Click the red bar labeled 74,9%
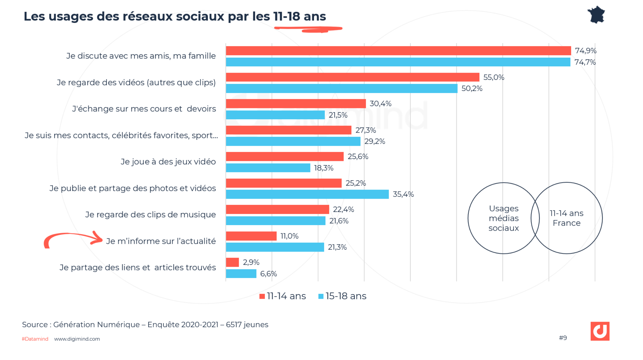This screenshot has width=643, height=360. coord(398,51)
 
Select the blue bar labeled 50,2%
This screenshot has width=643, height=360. coord(342,88)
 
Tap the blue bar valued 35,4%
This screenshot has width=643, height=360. coord(307,194)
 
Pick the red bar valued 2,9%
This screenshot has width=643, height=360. coord(232,262)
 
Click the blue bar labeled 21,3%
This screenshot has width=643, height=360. coord(275,247)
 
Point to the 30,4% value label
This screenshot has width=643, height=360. coord(380,104)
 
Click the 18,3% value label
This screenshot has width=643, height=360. coord(324,168)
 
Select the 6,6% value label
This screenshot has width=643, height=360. coord(268,274)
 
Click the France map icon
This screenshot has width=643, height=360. coord(596,15)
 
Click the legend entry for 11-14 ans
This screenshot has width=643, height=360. coord(283,296)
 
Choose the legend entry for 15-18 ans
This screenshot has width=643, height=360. coord(342,296)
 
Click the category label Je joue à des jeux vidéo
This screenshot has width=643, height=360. coord(168,162)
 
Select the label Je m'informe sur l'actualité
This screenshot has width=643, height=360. coord(161,241)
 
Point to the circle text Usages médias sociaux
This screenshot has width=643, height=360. coord(503,218)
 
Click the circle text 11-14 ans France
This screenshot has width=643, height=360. coord(566,218)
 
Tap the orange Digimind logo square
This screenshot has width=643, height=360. coord(600,331)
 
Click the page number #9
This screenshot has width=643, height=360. coord(563,338)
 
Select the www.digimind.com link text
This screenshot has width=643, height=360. coord(77,339)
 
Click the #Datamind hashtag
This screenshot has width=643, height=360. coord(35,339)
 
